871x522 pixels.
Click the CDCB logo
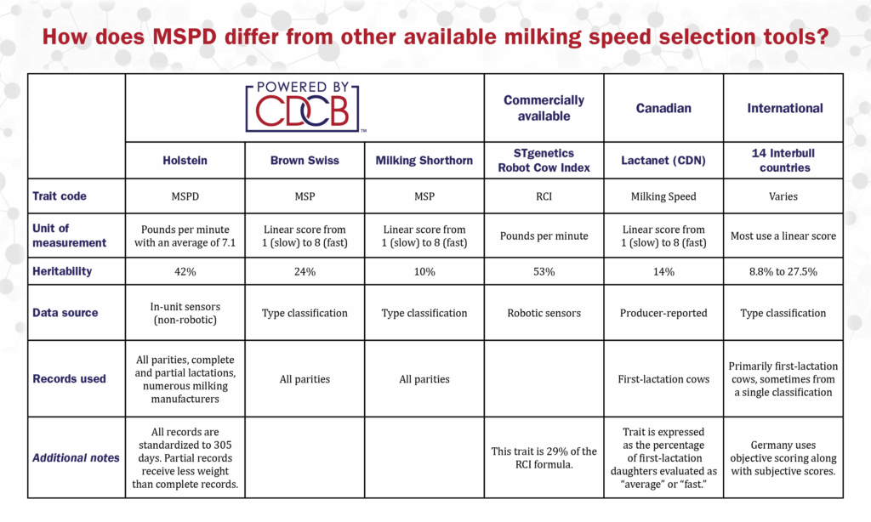[303, 107]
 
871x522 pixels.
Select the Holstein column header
[185, 161]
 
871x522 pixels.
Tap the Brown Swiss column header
[305, 161]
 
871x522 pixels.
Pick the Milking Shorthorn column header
[424, 161]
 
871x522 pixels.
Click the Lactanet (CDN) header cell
[663, 161]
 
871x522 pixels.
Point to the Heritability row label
[62, 271]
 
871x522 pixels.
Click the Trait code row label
[60, 196]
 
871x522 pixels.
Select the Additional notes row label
[76, 458]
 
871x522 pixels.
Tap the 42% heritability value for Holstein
[185, 272]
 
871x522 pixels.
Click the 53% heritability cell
[544, 272]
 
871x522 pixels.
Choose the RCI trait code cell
[544, 196]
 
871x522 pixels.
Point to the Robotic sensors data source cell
[544, 313]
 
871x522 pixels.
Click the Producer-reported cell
[663, 313]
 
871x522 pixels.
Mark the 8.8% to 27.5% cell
[783, 272]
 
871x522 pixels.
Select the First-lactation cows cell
[663, 379]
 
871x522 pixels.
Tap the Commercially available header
[544, 108]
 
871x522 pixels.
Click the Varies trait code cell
[783, 196]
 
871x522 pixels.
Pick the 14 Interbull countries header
[783, 161]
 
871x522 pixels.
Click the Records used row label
[69, 378]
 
